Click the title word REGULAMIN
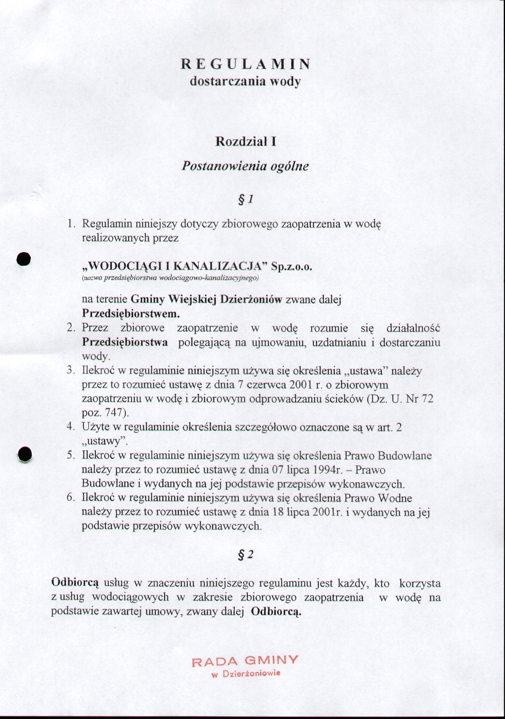[x=245, y=64]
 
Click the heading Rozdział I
[x=245, y=142]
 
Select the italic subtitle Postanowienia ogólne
[x=245, y=166]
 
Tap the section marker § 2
[x=246, y=555]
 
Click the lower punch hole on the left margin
[x=25, y=455]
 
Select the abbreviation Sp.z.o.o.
[x=292, y=267]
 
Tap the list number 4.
[x=70, y=427]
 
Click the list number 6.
[x=70, y=498]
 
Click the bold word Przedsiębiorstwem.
[x=131, y=314]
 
